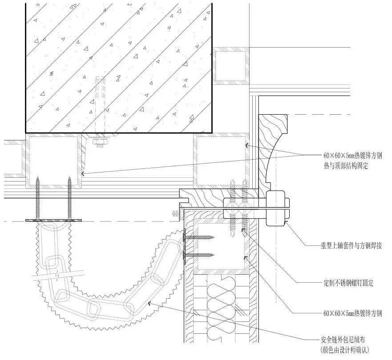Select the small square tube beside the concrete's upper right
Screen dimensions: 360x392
pyautogui.click(x=231, y=66)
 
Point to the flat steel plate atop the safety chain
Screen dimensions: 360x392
pyautogui.click(x=54, y=220)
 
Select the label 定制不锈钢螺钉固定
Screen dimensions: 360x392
pyautogui.click(x=348, y=283)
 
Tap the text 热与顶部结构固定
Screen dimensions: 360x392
pyautogui.click(x=347, y=166)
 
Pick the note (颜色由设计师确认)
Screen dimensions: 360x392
pyautogui.click(x=345, y=350)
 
